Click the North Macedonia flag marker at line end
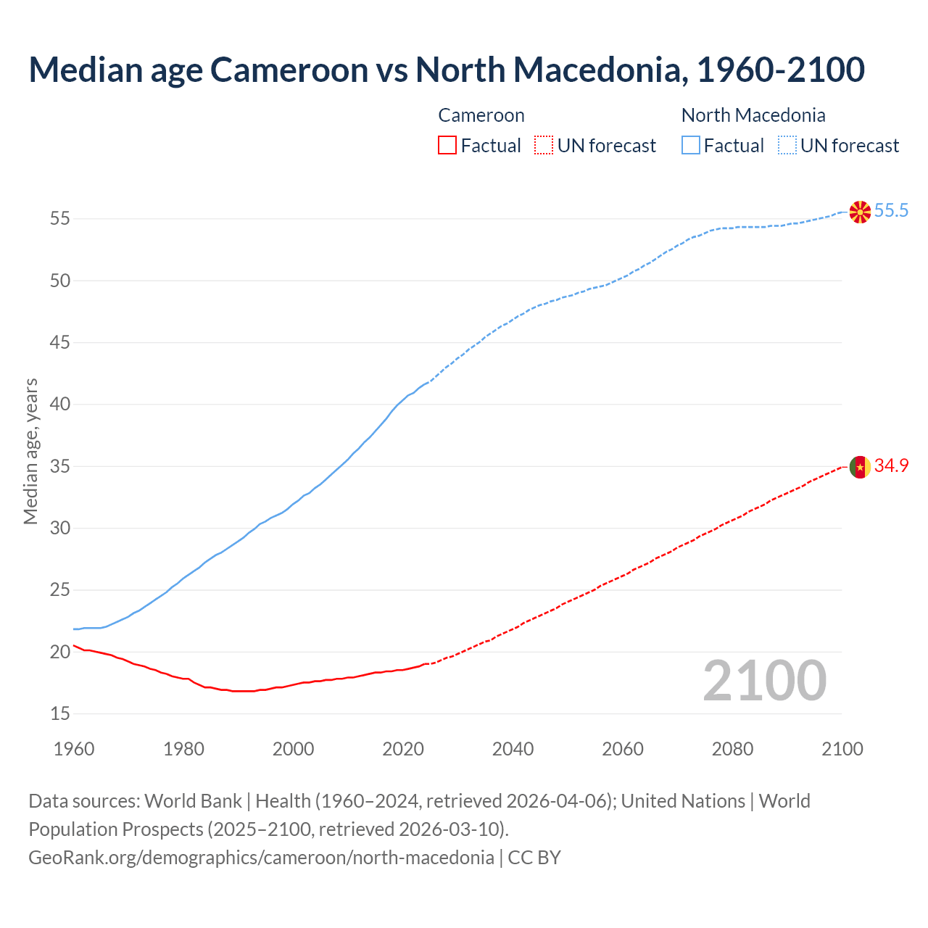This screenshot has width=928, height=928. coord(860,212)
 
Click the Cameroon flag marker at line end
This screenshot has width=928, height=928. coord(860,468)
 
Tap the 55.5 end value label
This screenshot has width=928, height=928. coord(891,211)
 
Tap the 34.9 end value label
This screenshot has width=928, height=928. coord(891,466)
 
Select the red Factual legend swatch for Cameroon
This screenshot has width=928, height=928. coord(447,146)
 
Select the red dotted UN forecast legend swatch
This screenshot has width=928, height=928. coord(544,146)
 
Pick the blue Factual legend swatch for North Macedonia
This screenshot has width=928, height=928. coord(691,146)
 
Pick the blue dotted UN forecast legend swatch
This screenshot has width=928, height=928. coord(787,146)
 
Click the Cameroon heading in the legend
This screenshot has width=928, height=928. coord(481,115)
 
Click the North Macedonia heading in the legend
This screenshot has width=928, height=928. coord(753,115)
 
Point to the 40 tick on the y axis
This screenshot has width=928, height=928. coord(60,404)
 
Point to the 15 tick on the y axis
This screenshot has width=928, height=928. coord(60,713)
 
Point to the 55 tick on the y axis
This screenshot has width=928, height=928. coord(60,218)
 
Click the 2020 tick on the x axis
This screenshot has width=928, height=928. coord(403,749)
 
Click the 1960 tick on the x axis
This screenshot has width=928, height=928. coord(74,749)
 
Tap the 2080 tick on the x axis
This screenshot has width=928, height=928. coord(732,749)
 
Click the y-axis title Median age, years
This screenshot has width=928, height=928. coord(30,451)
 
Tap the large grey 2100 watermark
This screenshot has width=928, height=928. coord(764,681)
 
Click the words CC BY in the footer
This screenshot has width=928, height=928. coord(534,858)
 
